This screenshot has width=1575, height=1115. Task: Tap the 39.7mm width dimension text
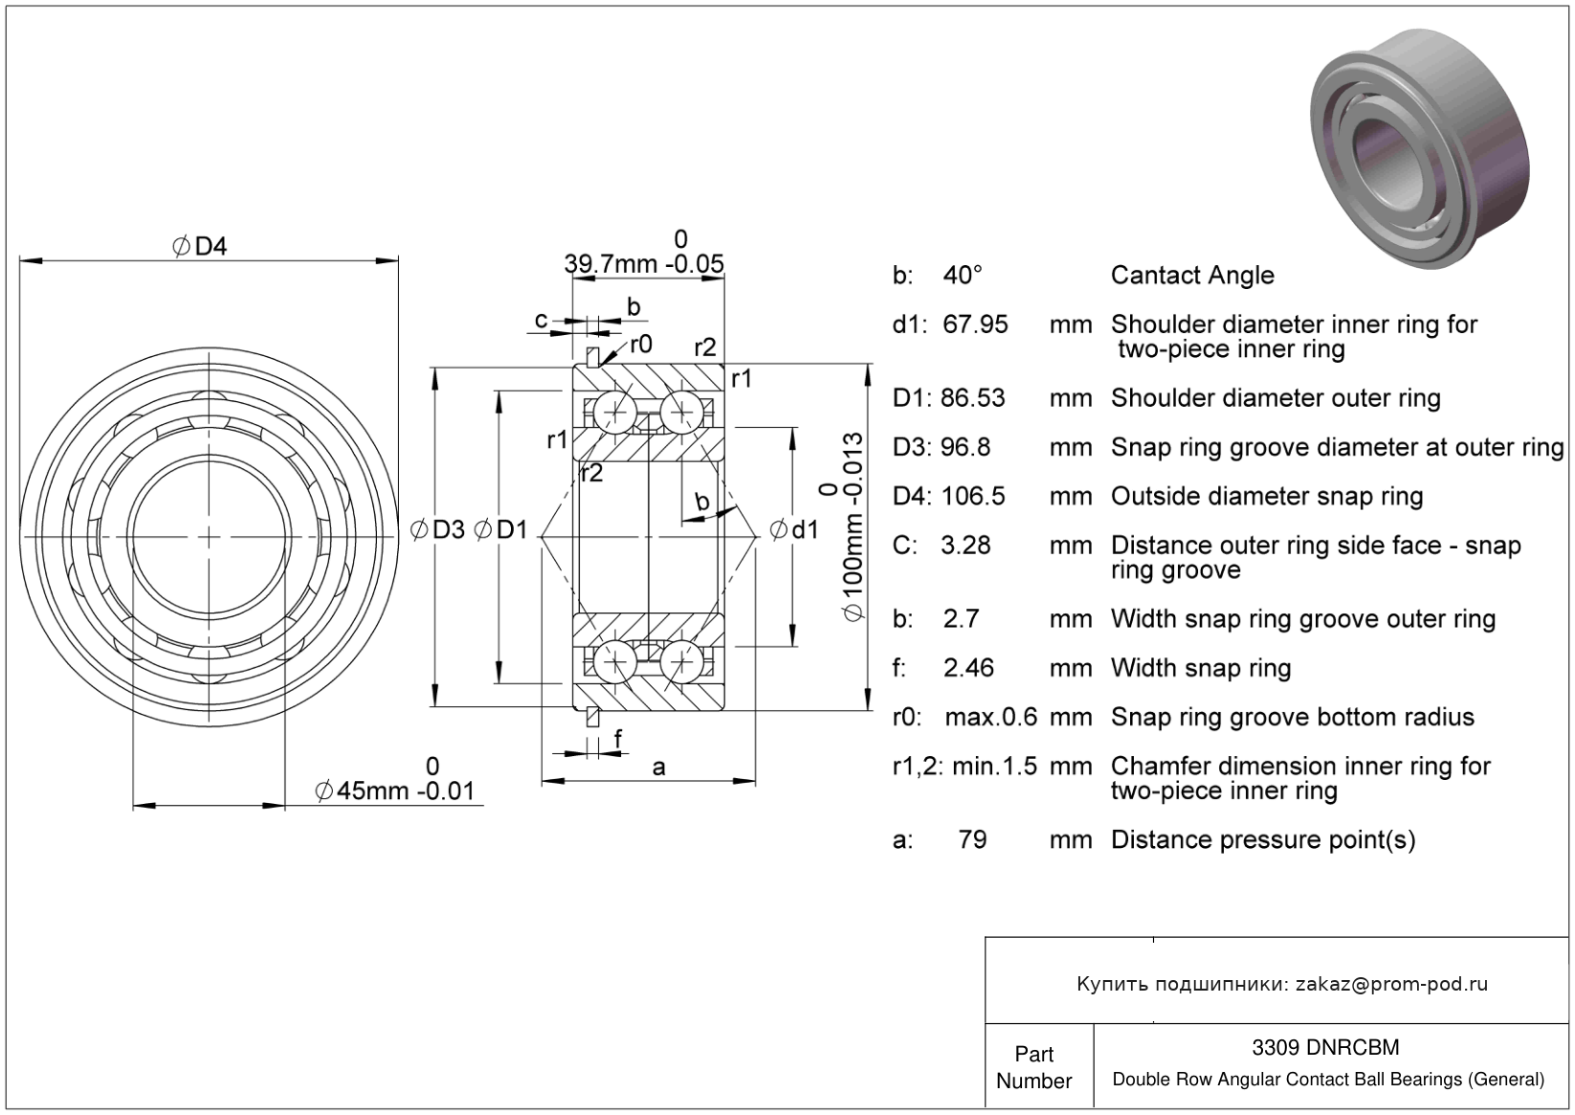pyautogui.click(x=643, y=263)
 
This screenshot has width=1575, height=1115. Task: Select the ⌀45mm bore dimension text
pyautogui.click(x=394, y=792)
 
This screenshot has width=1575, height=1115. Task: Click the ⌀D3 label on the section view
pyautogui.click(x=437, y=529)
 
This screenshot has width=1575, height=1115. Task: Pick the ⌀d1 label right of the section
pyautogui.click(x=794, y=529)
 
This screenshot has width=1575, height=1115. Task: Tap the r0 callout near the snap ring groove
pyautogui.click(x=640, y=345)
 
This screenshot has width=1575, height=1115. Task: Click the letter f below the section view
pyautogui.click(x=617, y=738)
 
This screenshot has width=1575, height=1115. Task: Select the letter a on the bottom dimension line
pyautogui.click(x=657, y=767)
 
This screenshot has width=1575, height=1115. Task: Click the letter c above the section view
pyautogui.click(x=542, y=320)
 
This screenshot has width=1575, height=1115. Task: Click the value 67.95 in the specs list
pyautogui.click(x=975, y=324)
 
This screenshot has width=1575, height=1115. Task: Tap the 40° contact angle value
pyautogui.click(x=963, y=276)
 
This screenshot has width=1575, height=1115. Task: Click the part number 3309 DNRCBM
pyautogui.click(x=1325, y=1047)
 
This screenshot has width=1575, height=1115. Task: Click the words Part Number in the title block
pyautogui.click(x=1033, y=1067)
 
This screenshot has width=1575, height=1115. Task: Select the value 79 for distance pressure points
pyautogui.click(x=972, y=839)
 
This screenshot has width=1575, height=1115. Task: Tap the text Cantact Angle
pyautogui.click(x=1191, y=276)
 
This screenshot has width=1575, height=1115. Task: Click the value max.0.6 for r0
pyautogui.click(x=990, y=717)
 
